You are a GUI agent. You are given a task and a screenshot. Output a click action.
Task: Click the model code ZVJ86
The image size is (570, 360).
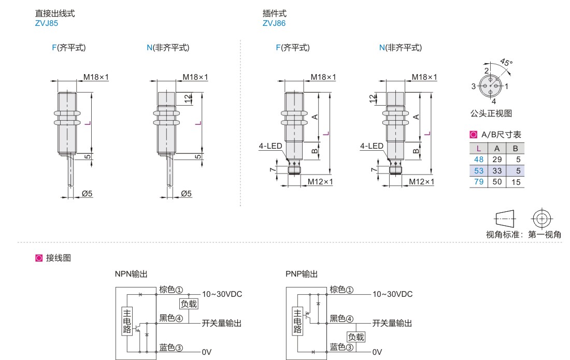click(x=274, y=23)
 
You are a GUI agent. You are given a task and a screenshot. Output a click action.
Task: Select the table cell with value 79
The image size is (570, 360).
click(x=478, y=182)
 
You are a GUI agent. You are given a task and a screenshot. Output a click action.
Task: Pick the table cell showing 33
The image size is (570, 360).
click(x=496, y=170)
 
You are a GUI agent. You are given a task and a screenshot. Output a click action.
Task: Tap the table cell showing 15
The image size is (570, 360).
click(x=516, y=182)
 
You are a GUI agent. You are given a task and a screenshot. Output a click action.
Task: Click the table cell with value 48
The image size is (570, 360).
click(x=478, y=160)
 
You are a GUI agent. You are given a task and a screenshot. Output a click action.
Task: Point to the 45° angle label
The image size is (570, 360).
click(x=506, y=63)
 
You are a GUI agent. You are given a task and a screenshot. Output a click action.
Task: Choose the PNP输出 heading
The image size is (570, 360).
click(x=302, y=274)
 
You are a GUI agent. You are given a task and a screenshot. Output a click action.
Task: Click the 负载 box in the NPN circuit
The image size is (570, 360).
click(x=188, y=304)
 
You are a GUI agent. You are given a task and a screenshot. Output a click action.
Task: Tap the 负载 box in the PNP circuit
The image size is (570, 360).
click(x=356, y=337)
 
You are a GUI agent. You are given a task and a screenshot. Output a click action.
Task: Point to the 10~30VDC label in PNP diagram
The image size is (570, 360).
click(x=392, y=294)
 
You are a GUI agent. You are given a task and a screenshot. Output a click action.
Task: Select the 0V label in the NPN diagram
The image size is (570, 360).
click(x=206, y=352)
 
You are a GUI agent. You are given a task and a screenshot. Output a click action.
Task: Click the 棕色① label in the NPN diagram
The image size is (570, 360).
click(x=171, y=290)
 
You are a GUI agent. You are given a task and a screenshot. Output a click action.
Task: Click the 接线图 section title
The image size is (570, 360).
click(x=58, y=257)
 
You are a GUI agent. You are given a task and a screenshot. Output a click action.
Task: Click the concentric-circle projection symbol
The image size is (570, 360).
click(x=541, y=218)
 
